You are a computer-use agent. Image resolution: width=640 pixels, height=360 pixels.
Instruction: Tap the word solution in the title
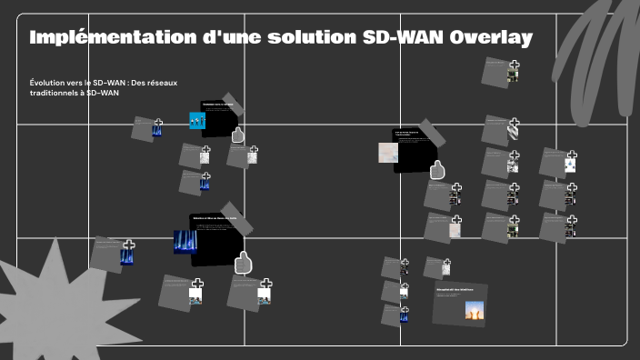click(290, 37)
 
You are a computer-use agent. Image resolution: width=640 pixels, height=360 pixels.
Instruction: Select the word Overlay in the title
click(491, 37)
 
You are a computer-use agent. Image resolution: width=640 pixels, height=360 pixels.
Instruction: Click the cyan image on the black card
click(197, 121)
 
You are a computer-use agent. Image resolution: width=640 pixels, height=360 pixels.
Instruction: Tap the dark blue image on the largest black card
click(185, 243)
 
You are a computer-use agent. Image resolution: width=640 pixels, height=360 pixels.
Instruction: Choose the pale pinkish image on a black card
click(388, 153)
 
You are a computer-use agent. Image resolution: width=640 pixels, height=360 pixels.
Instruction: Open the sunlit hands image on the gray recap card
click(474, 311)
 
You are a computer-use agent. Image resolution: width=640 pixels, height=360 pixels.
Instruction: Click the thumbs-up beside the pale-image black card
click(437, 169)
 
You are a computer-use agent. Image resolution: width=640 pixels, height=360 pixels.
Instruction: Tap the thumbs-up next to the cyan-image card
click(238, 135)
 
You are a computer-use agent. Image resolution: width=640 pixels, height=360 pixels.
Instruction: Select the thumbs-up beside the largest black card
click(243, 263)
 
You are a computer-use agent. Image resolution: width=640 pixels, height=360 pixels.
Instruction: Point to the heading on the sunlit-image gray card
click(455, 289)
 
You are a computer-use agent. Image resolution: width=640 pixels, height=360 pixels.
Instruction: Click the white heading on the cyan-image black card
click(217, 105)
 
